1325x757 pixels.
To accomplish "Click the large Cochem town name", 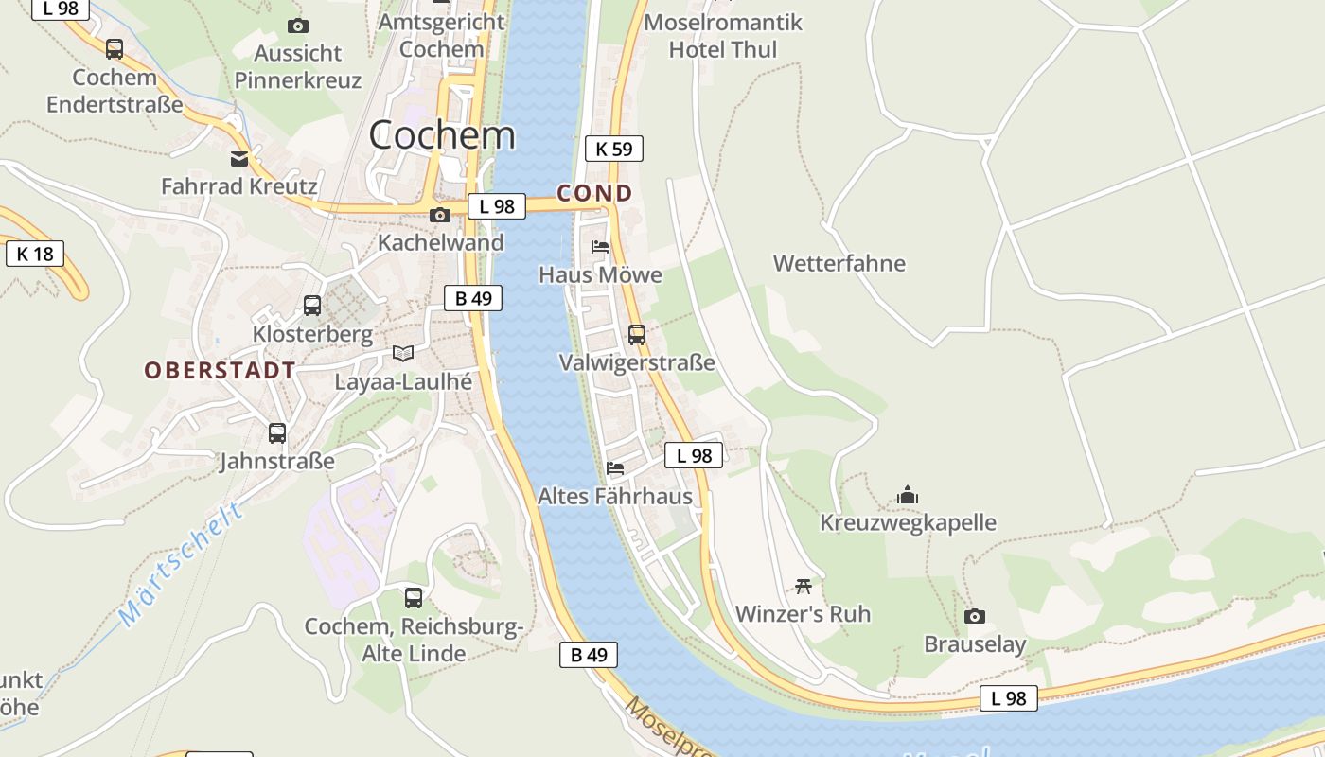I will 442,135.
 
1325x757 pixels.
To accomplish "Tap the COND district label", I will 594,194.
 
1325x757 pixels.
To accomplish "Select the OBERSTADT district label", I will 220,370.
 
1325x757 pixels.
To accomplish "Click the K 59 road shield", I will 614,149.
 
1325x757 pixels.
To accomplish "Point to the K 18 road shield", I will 35,254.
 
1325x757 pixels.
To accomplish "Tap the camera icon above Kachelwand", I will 439,216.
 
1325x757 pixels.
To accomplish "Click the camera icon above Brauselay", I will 975,617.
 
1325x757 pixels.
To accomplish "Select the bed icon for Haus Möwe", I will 600,247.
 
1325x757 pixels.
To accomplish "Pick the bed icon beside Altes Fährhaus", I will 615,467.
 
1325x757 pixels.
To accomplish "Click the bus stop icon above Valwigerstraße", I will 637,334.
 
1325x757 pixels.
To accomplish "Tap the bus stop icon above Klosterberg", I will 312,306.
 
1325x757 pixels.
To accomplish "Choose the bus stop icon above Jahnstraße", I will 277,433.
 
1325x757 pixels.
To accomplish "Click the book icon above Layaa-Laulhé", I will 403,353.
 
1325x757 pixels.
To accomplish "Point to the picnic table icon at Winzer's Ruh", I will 804,586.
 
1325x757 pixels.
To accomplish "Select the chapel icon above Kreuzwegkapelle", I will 908,495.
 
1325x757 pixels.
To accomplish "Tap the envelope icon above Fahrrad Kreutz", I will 239,159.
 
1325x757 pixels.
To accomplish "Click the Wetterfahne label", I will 839,263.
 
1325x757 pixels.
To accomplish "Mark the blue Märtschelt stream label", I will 182,565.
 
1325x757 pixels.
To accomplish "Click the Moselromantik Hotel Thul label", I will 723,36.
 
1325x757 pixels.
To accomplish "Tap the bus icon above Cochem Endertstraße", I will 115,48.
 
